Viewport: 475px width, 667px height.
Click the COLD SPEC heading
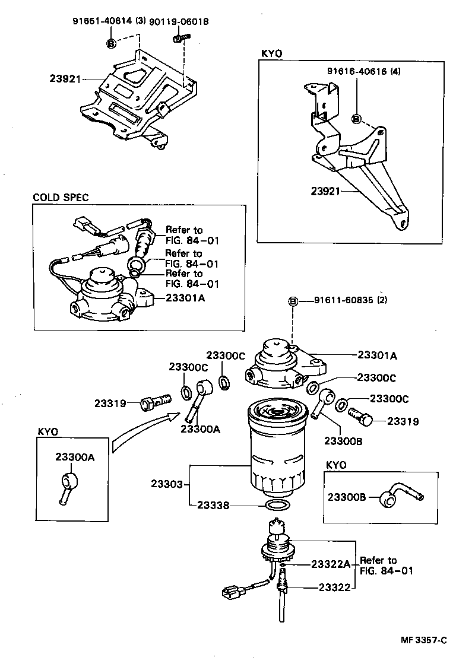coord(61,198)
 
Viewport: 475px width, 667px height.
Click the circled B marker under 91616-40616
coord(356,119)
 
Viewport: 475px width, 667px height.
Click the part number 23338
coord(213,506)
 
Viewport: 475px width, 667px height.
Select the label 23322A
coord(331,564)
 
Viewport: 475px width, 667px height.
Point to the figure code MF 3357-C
coord(422,640)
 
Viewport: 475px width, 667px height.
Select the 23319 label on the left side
coord(110,404)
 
